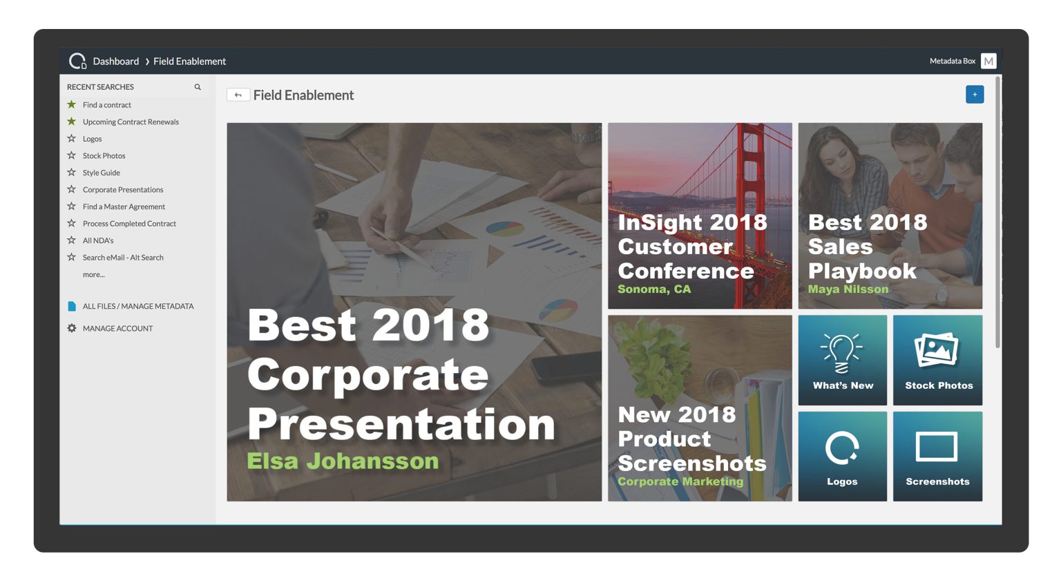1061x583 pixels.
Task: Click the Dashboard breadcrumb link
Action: click(115, 61)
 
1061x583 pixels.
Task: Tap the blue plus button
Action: click(974, 95)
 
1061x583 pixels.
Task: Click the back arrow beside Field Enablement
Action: click(238, 95)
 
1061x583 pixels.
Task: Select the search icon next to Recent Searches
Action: click(198, 87)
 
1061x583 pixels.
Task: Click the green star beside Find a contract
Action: click(71, 105)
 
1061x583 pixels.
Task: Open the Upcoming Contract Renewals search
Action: click(131, 122)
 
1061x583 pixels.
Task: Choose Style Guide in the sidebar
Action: click(101, 173)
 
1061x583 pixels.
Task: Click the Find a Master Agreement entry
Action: click(124, 207)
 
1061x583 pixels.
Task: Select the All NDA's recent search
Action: click(98, 240)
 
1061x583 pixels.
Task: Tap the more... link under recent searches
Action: click(93, 274)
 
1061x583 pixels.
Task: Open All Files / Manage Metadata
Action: click(137, 306)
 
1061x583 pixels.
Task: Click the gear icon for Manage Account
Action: click(72, 328)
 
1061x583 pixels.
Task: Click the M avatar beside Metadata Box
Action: click(988, 61)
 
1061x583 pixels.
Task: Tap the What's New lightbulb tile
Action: click(842, 360)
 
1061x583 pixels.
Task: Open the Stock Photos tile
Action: click(937, 360)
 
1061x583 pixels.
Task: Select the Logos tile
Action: click(842, 456)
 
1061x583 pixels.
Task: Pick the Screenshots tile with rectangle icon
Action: click(937, 456)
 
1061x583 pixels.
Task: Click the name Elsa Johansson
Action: click(343, 461)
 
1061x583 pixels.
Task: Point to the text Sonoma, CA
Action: click(653, 289)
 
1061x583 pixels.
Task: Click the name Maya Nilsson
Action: click(848, 289)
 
